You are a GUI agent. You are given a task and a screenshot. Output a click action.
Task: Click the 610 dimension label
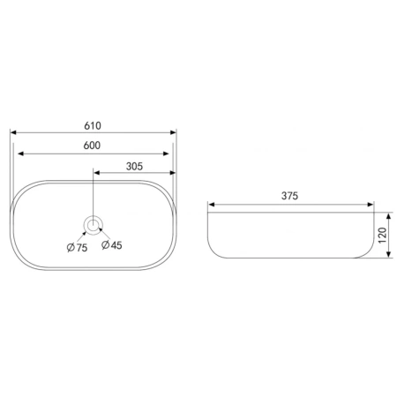pos(93,126)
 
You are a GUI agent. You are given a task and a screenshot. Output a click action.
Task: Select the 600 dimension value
pos(92,146)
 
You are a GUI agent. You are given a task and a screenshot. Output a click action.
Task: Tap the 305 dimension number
pos(134,167)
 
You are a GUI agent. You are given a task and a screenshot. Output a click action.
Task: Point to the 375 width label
pos(289,196)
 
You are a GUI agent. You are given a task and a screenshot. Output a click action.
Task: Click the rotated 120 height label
pos(382,236)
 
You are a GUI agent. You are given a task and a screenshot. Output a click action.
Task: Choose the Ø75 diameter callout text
pos(78,248)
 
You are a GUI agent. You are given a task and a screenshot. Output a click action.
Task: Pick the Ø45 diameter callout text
pos(112,245)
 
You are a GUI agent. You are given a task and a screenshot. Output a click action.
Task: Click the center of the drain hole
pos(94,226)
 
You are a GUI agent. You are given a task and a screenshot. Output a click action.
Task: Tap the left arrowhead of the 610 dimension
pos(13,132)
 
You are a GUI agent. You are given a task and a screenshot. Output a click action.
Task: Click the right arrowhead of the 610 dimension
pos(173,132)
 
